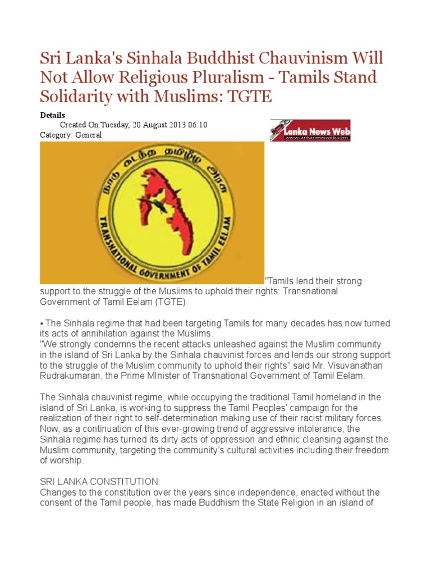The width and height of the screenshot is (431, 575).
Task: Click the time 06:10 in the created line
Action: pos(198,125)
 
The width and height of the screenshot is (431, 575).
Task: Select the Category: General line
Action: pos(71,135)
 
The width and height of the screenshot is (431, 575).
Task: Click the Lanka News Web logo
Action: pos(310,130)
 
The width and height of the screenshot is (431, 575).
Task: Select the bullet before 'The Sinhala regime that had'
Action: pos(42,323)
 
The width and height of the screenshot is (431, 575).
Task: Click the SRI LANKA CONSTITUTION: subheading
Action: pos(100,482)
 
